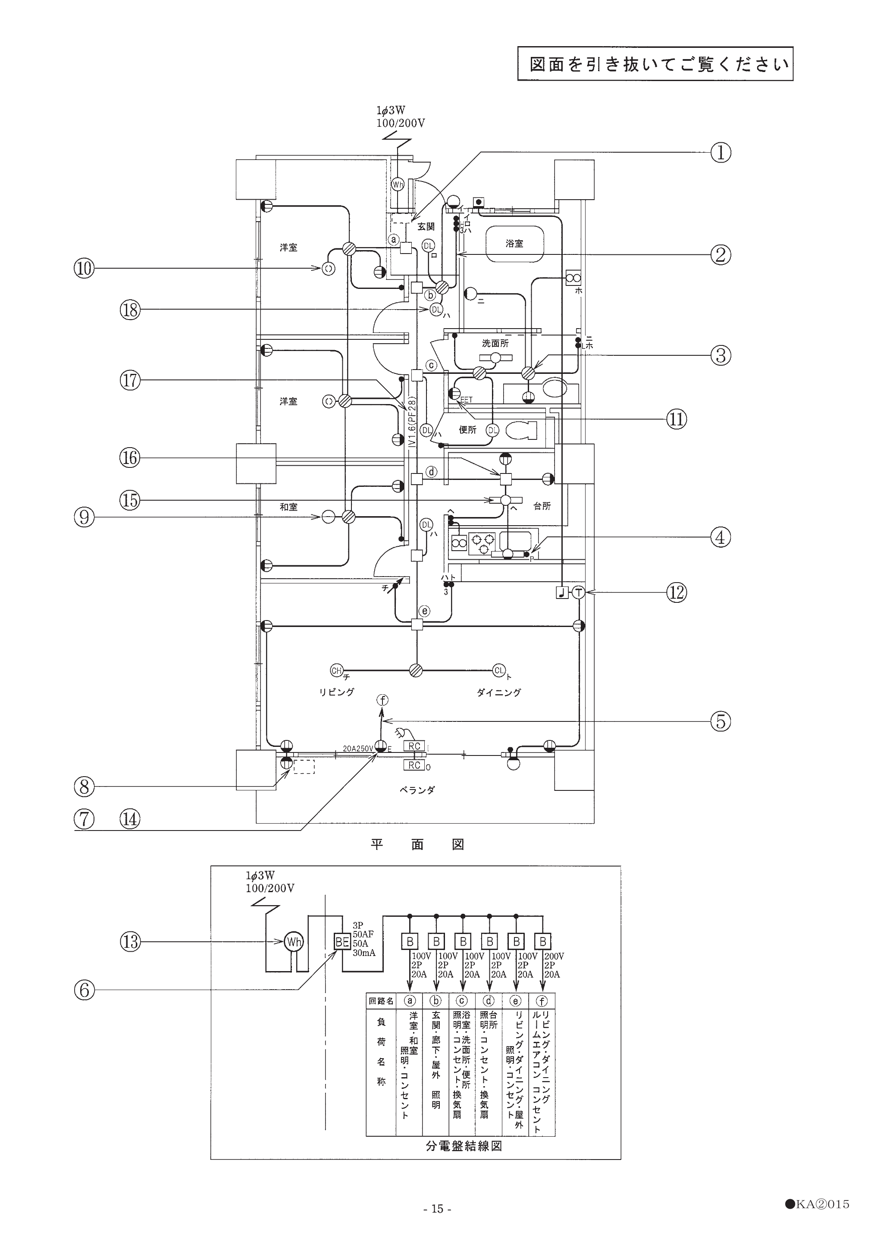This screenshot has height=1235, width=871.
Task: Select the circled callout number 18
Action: coord(130,309)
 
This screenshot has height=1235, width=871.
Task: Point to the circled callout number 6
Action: coord(84,990)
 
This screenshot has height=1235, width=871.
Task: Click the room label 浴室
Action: coord(514,243)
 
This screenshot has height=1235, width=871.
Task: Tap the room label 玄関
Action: coord(426,226)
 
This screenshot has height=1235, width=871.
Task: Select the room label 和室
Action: coord(288,507)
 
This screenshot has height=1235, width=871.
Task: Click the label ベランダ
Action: coord(417,790)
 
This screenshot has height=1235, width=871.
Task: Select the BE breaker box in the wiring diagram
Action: coord(343,942)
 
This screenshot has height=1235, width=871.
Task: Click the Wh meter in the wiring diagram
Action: coord(294,942)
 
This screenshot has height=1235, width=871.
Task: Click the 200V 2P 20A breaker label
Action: coord(554,965)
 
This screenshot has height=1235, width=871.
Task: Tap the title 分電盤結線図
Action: coord(464,1146)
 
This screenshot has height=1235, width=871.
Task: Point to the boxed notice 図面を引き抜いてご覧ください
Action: coord(655,64)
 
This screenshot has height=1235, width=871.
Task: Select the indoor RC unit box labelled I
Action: coord(414,746)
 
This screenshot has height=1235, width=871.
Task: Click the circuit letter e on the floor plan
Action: coord(425,611)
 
